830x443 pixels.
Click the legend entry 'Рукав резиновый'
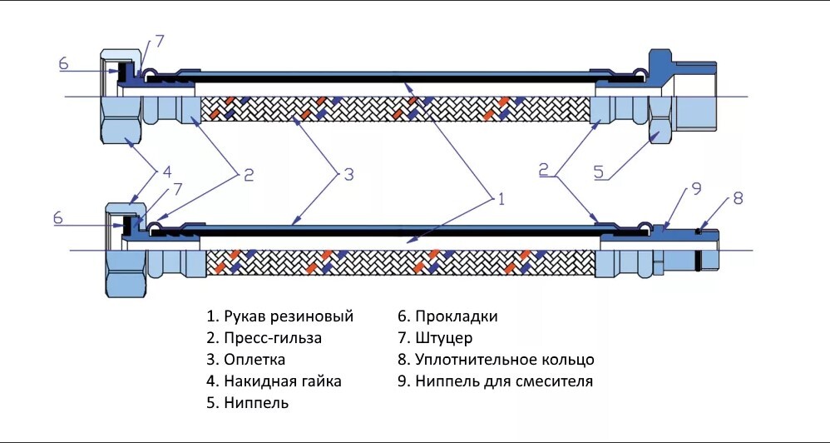click(x=280, y=316)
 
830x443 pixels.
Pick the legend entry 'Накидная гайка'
click(x=274, y=381)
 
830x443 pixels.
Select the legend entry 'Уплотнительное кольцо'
click(x=496, y=360)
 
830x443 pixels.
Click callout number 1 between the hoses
click(x=501, y=198)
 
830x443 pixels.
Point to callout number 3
click(x=348, y=175)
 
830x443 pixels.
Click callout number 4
click(x=166, y=173)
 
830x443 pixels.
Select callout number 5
click(x=598, y=173)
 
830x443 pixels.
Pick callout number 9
click(x=696, y=190)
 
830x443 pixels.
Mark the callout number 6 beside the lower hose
click(x=57, y=217)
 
